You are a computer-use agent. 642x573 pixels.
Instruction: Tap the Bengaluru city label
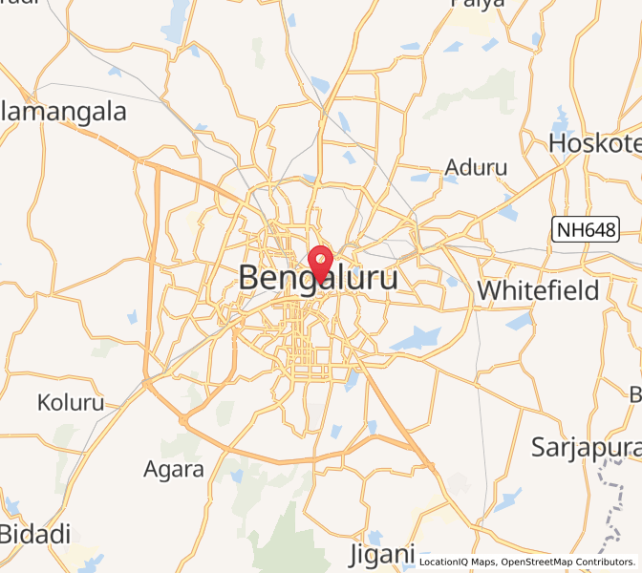click(x=318, y=279)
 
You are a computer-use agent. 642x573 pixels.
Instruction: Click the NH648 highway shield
click(x=586, y=229)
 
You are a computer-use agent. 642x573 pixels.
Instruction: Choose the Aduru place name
click(x=476, y=169)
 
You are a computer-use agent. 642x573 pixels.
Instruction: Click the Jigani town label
click(x=382, y=554)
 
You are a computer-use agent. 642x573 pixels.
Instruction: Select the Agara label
click(x=173, y=469)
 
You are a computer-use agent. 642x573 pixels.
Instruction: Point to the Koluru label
click(x=71, y=403)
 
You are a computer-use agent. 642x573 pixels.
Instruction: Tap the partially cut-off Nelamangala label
click(x=63, y=112)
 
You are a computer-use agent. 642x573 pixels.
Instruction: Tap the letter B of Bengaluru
click(x=249, y=279)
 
